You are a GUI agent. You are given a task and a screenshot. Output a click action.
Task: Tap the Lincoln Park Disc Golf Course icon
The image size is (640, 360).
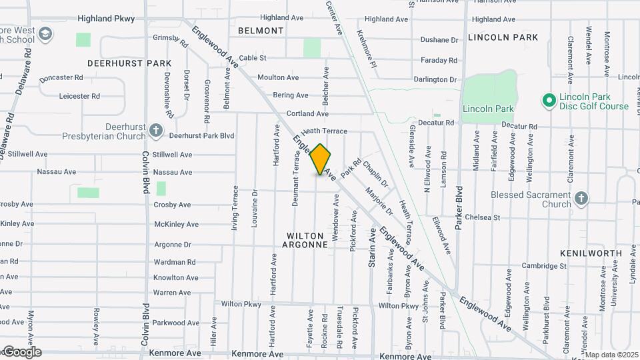tap(549, 101)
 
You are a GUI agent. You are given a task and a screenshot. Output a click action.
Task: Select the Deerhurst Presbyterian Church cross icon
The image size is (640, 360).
tap(155, 130)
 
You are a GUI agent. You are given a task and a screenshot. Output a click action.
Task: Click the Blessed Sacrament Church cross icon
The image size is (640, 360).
tap(581, 198)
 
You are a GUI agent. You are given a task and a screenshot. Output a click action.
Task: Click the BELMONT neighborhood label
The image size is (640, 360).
tap(261, 31)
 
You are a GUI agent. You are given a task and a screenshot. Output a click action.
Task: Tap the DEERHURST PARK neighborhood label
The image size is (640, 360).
tap(129, 63)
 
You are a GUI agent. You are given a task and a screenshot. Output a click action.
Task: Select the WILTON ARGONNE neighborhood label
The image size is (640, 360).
tap(307, 240)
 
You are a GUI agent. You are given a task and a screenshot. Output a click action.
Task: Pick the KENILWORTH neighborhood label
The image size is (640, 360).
tap(591, 254)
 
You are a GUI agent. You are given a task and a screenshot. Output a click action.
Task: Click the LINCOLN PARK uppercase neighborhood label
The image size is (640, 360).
tap(503, 37)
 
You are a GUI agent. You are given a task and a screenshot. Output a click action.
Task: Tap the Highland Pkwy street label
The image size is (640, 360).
tap(106, 19)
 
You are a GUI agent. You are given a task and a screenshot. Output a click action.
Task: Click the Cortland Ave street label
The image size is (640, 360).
tap(308, 114)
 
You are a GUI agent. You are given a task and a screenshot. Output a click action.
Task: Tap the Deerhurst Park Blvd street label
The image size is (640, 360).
tap(201, 135)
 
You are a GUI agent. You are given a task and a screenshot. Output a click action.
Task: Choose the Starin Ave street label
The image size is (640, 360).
tap(372, 248)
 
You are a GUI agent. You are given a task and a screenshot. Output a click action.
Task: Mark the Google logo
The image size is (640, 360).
tap(21, 351)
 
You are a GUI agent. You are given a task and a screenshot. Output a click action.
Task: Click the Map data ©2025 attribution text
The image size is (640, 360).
tap(611, 355)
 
